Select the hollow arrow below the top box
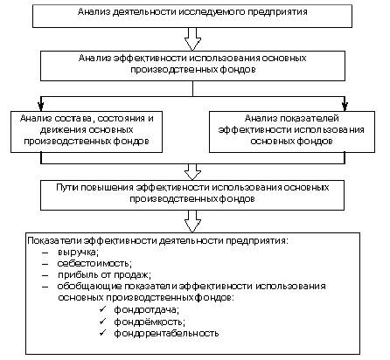[192, 39]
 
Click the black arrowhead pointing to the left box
[41, 106]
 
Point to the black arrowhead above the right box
[345, 106]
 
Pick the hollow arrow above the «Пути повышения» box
[192, 172]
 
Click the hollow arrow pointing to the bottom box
[192, 221]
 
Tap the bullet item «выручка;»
[78, 253]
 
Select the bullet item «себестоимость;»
[94, 263]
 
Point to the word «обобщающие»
[89, 286]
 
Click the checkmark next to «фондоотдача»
[102, 308]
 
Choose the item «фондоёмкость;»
[150, 322]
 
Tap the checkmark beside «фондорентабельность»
[102, 332]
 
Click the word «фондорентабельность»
[166, 333]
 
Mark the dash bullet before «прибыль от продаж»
[45, 275]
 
